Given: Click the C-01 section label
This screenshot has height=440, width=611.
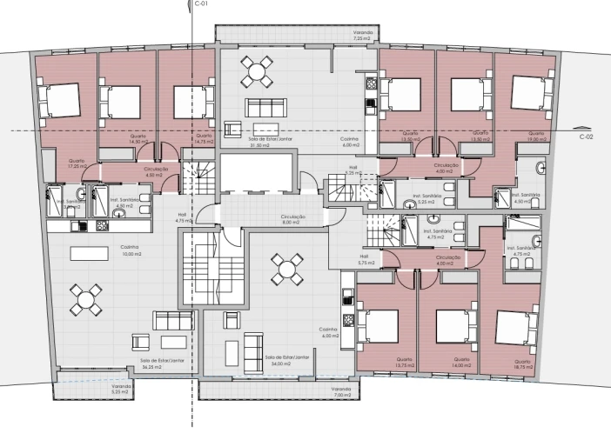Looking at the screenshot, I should (x=202, y=4).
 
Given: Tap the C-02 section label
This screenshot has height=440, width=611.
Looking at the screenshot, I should (x=587, y=137).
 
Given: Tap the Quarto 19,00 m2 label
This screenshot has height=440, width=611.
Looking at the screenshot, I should (x=536, y=136).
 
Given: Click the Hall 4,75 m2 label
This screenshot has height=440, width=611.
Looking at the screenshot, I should (x=182, y=218).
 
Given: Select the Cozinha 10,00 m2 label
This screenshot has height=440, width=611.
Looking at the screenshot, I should (x=131, y=251).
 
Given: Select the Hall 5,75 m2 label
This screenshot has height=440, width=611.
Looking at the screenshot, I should (x=364, y=259).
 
